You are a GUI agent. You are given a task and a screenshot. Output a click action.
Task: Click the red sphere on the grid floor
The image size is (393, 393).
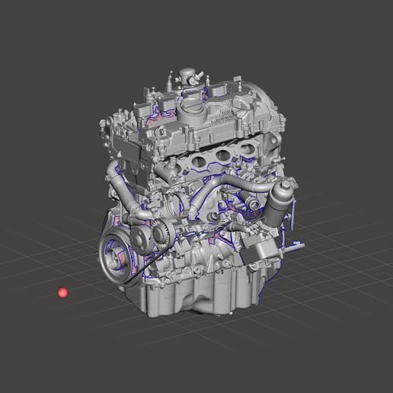tap(62, 292)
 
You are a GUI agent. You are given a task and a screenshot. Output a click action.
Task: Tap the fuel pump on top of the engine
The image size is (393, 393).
tap(187, 77)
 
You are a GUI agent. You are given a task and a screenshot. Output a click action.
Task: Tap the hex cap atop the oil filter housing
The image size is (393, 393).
tap(284, 185)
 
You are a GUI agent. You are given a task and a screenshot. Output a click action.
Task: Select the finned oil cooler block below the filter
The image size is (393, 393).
tap(261, 249)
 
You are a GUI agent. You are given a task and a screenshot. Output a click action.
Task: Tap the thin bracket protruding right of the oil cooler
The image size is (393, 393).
tap(294, 245)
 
